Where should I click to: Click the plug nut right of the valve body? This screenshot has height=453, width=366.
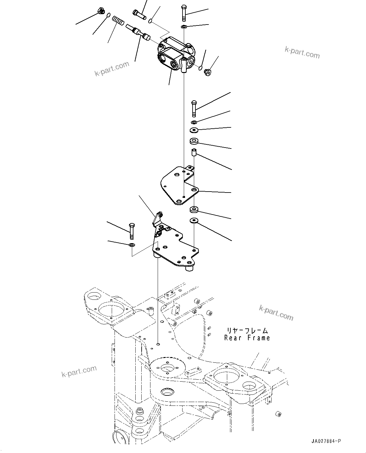(x=208, y=72)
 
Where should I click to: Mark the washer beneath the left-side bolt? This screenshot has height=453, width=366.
(x=132, y=245)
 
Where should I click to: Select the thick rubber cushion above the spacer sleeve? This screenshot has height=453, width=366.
(x=194, y=141)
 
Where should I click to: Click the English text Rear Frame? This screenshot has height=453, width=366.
(x=247, y=338)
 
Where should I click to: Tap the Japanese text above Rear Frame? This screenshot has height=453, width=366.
(x=247, y=330)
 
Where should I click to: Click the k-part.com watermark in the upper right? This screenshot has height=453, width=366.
(x=302, y=52)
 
